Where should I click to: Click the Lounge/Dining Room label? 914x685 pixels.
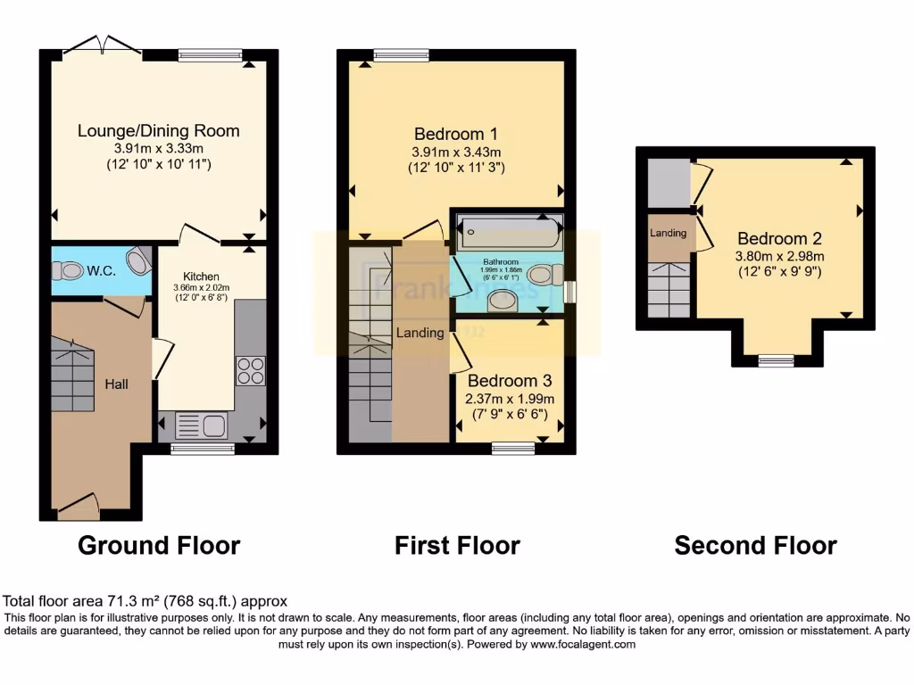tap(159, 131)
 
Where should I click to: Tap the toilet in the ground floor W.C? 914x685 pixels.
tap(139, 260)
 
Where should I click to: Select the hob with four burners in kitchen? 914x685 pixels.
tap(250, 370)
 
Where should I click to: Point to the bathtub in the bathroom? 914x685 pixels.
tap(509, 234)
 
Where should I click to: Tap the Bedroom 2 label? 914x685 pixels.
tap(779, 239)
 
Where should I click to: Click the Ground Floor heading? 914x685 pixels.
tap(159, 545)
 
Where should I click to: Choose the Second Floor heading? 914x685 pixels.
tap(755, 545)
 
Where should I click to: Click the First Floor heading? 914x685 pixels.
tap(457, 545)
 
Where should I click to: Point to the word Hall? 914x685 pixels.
tap(116, 384)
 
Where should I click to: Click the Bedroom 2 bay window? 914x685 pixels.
tap(776, 360)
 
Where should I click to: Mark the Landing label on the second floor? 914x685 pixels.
tap(669, 234)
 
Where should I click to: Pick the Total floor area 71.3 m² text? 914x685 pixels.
tap(145, 601)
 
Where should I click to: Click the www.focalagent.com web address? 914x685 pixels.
tap(582, 644)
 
